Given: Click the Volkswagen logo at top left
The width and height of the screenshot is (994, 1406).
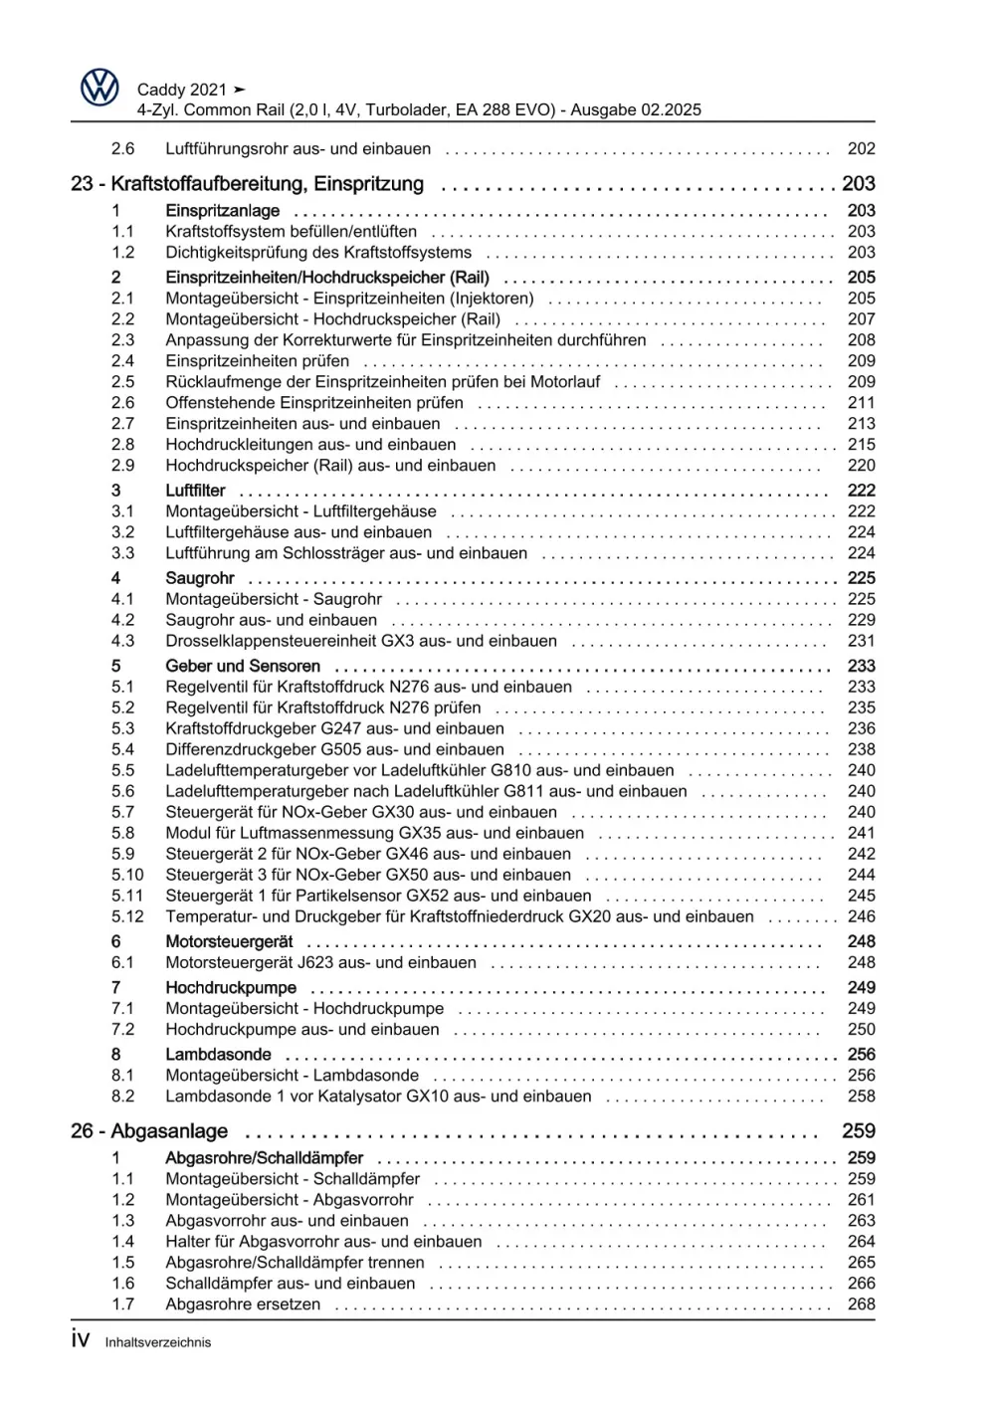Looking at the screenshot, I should pyautogui.click(x=99, y=89).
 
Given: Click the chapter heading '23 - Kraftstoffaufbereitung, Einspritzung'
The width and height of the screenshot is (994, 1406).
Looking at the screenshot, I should pyautogui.click(x=248, y=184).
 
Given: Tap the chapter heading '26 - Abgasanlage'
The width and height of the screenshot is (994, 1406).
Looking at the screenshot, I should pyautogui.click(x=149, y=1131).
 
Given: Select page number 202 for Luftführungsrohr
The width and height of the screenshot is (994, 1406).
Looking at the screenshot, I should pyautogui.click(x=861, y=149).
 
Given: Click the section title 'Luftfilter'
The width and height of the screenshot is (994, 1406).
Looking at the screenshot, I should pyautogui.click(x=195, y=491).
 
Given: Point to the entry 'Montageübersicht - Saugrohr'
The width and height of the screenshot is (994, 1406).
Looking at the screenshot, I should pyautogui.click(x=274, y=599).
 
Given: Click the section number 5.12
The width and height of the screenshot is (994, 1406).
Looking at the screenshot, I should pyautogui.click(x=127, y=916).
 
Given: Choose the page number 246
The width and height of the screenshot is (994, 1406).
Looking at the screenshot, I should pyautogui.click(x=861, y=916).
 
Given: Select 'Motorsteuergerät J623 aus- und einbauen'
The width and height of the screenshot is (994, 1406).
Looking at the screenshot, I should pyautogui.click(x=320, y=962).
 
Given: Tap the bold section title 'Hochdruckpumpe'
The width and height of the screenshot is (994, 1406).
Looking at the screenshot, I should pyautogui.click(x=231, y=988).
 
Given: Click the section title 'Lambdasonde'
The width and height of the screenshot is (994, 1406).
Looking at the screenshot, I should pyautogui.click(x=218, y=1055).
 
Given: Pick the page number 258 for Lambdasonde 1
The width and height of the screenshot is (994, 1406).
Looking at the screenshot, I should pyautogui.click(x=861, y=1097).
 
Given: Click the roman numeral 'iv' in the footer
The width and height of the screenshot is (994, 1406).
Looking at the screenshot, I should pyautogui.click(x=81, y=1339).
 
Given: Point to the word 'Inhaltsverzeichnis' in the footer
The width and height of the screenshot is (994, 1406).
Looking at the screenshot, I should pyautogui.click(x=158, y=1342).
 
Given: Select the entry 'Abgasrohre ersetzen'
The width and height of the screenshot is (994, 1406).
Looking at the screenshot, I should pyautogui.click(x=243, y=1305).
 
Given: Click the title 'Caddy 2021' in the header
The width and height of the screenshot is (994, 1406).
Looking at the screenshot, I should pyautogui.click(x=182, y=90).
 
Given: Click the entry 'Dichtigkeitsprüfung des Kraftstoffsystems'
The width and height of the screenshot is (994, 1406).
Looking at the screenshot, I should pyautogui.click(x=318, y=253).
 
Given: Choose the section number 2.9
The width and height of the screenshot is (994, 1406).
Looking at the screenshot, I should pyautogui.click(x=122, y=466).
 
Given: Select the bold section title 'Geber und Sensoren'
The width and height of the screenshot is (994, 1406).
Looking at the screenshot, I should pyautogui.click(x=243, y=667).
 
